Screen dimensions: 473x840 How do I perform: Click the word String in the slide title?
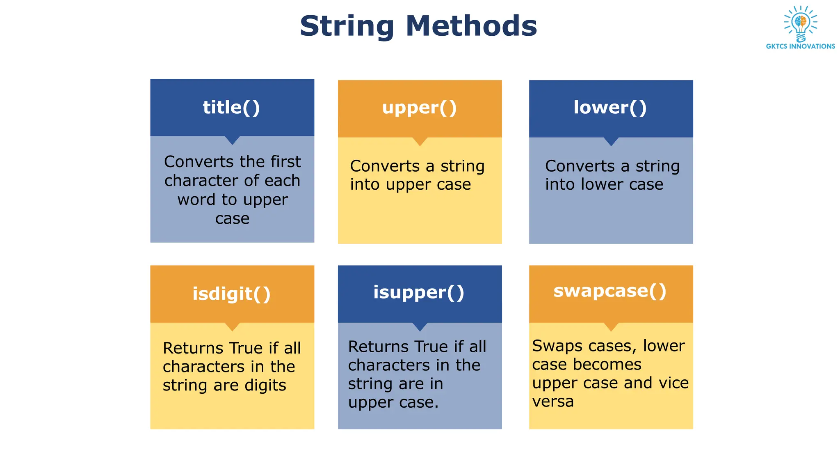pos(347,26)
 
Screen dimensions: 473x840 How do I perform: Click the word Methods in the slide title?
pos(471,26)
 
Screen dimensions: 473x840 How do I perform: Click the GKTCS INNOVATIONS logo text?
pos(800,46)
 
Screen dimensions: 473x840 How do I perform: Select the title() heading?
pos(231,108)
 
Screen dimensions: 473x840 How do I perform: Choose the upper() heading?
pos(419,108)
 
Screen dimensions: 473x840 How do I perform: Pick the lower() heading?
pos(610,108)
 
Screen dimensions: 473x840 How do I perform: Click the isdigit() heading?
pos(232,294)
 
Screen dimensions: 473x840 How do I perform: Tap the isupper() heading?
pos(419,292)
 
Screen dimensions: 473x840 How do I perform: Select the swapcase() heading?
pos(610,291)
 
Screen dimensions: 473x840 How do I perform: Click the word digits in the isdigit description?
pos(265,386)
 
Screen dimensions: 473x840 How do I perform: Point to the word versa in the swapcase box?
pos(553,401)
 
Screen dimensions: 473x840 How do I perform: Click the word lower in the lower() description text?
pos(602,184)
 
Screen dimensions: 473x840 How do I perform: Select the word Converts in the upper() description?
pos(385,166)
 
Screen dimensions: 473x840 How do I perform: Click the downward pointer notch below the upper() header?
pos(420,142)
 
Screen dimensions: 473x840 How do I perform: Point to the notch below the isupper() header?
pos(420,327)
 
